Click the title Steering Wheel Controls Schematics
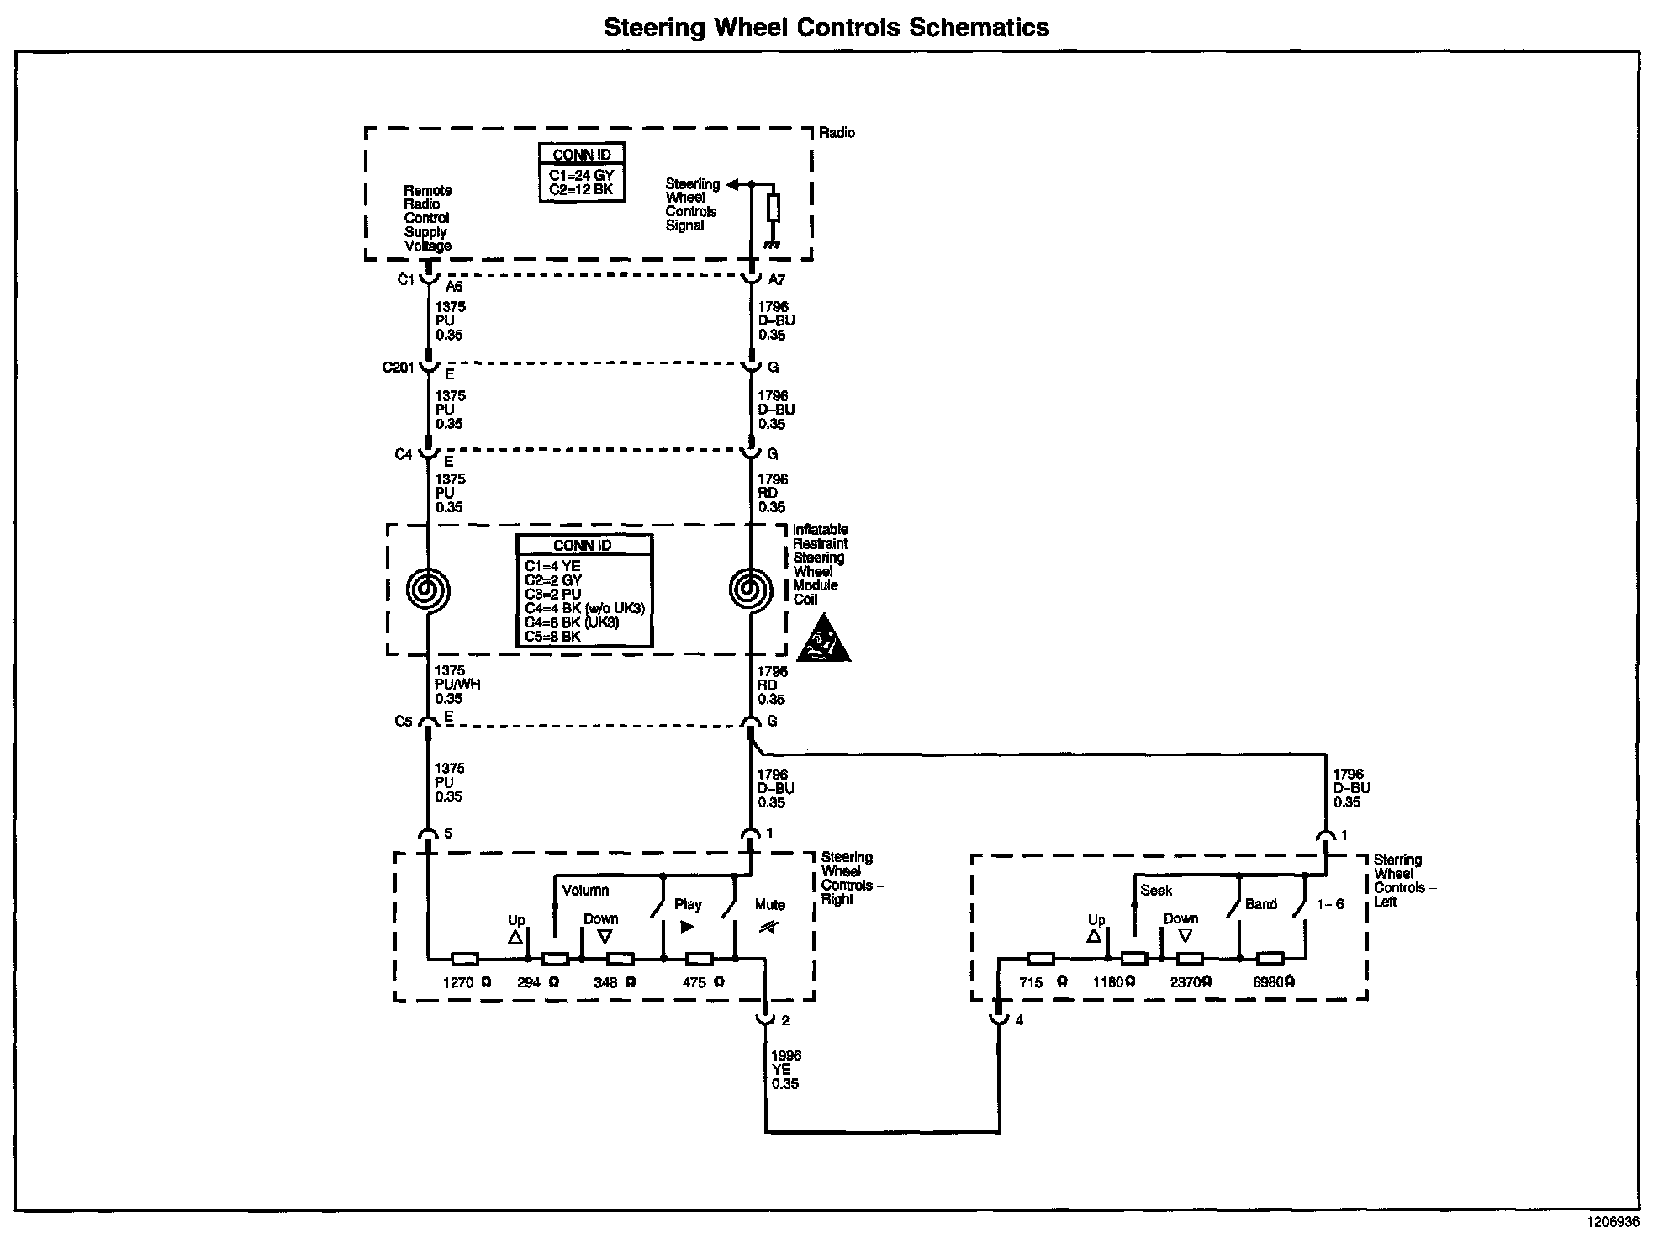point(826,28)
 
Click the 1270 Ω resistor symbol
point(465,959)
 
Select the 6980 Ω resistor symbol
point(1270,958)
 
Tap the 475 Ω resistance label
point(703,982)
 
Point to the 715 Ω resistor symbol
point(1041,958)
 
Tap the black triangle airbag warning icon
point(822,640)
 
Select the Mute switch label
point(769,905)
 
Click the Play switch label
point(688,905)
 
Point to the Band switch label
point(1260,904)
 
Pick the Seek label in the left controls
point(1156,891)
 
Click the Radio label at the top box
point(837,133)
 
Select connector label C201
point(398,368)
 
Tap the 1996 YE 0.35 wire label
point(785,1070)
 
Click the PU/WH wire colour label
point(457,685)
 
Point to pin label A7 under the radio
point(776,280)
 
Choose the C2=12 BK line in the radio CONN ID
point(581,190)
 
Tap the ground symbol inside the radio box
point(772,244)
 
